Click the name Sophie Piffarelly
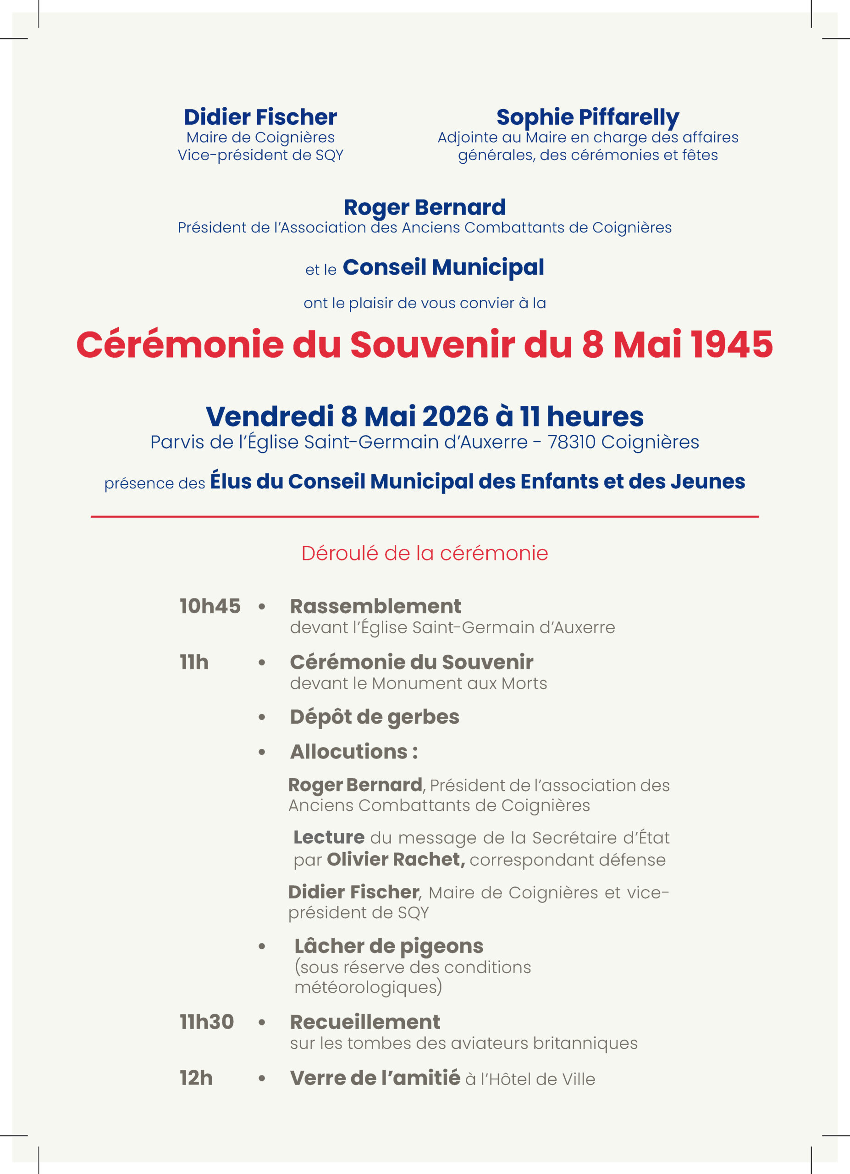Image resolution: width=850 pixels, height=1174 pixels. pos(588,117)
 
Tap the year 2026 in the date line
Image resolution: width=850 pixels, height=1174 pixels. pos(455,417)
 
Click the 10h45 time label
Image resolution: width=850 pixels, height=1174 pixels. pos(210,606)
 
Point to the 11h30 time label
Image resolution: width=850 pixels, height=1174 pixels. pos(206,1022)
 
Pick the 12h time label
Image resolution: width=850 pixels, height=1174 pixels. pos(196,1078)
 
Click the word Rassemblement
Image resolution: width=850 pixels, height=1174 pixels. pos(375,606)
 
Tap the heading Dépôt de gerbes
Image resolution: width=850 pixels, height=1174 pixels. pos(374,717)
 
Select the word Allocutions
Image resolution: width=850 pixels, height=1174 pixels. pos(349,752)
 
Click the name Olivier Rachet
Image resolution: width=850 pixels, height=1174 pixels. pos(395,860)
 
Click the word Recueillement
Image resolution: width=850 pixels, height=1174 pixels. pos(365,1022)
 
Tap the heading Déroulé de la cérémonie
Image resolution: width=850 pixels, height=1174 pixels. pos(425,554)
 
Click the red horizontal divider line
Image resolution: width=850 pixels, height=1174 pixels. pos(425,516)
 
